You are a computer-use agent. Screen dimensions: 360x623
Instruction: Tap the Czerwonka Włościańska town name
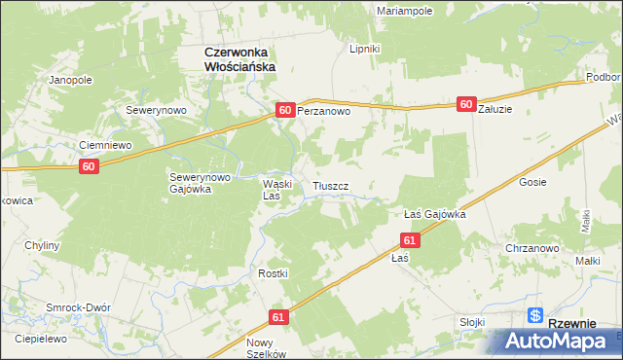pyautogui.click(x=238, y=58)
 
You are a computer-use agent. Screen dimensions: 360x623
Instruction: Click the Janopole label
pyautogui.click(x=70, y=80)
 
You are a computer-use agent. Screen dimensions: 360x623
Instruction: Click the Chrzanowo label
pyautogui.click(x=531, y=248)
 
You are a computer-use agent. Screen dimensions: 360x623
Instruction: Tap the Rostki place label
pyautogui.click(x=274, y=273)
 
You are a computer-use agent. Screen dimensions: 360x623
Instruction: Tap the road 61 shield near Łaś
pyautogui.click(x=410, y=239)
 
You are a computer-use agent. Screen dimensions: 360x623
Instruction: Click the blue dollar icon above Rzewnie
pyautogui.click(x=535, y=315)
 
